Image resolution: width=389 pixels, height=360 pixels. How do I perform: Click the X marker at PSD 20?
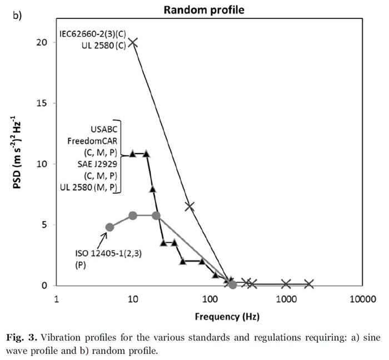click(133, 42)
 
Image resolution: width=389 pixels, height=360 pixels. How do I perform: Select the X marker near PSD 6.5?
click(189, 206)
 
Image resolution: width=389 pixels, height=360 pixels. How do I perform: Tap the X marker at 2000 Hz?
click(309, 284)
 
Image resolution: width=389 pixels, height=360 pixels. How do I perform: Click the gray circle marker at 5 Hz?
click(109, 227)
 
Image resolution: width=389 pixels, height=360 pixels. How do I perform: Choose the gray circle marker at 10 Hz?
click(133, 215)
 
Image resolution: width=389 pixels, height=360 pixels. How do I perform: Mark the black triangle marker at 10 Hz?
click(133, 154)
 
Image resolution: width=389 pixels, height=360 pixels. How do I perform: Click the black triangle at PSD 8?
click(153, 189)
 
